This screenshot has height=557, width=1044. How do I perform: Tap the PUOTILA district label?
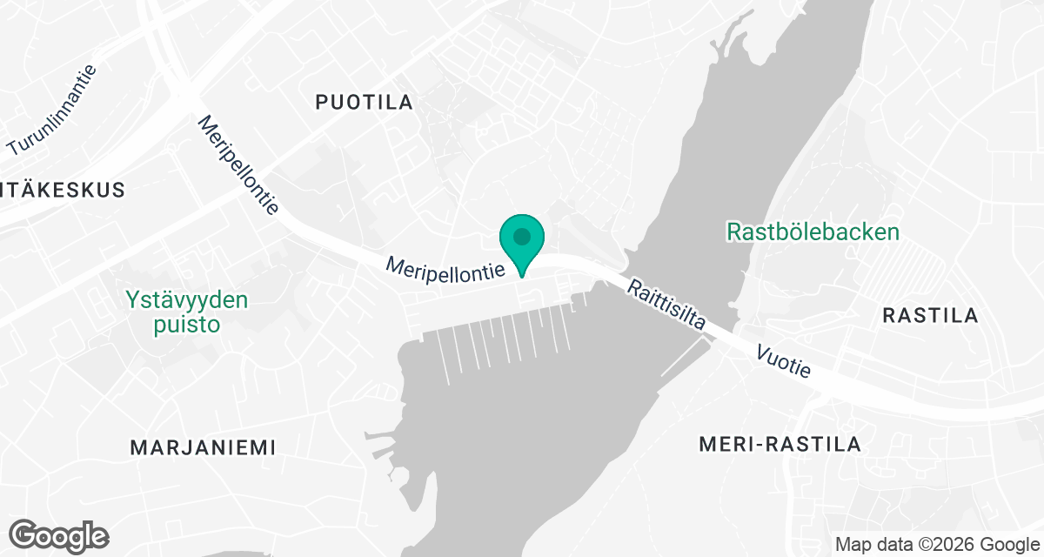pyautogui.click(x=364, y=103)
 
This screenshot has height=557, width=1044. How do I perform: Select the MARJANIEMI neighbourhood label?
pyautogui.click(x=203, y=447)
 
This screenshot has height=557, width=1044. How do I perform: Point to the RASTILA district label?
pyautogui.click(x=930, y=315)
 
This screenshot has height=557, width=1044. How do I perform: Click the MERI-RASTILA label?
pyautogui.click(x=780, y=445)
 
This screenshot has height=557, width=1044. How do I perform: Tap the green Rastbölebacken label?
pyautogui.click(x=813, y=232)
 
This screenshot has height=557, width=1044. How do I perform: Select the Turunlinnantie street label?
pyautogui.click(x=52, y=110)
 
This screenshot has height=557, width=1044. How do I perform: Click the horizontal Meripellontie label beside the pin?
pyautogui.click(x=446, y=267)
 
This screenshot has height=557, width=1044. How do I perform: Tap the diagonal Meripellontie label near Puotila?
pyautogui.click(x=238, y=165)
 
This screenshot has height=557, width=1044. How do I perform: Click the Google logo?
pyautogui.click(x=59, y=535)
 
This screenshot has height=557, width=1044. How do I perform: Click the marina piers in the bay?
pyautogui.click(x=505, y=344)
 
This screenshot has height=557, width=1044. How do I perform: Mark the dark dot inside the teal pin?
pyautogui.click(x=521, y=236)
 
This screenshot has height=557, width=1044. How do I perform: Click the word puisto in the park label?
pyautogui.click(x=184, y=325)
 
